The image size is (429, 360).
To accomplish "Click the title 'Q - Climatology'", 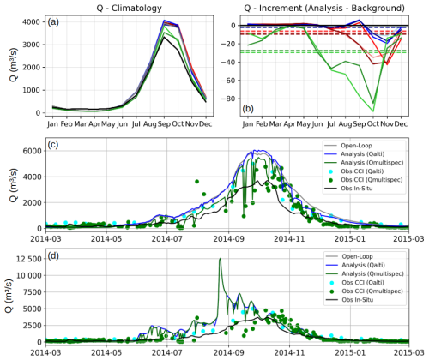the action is tap(129, 8).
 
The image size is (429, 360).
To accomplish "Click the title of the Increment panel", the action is tap(324, 8).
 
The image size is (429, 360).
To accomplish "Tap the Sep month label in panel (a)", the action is tap(164, 124).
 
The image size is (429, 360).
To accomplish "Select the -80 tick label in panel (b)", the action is tap(230, 99).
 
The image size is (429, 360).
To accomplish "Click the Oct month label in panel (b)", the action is tap(373, 124).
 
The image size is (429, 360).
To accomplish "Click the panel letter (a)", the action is tap(53, 22).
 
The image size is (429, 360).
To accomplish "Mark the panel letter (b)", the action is tap(248, 109).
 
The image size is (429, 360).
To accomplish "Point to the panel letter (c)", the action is tap(53, 145).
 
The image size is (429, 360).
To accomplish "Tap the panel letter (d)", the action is tap(53, 255).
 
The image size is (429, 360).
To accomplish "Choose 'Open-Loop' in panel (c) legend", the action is tap(356, 146).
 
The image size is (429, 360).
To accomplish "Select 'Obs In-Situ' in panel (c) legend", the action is tap(357, 189).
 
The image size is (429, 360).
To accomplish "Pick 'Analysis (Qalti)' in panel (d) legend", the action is tap(364, 265).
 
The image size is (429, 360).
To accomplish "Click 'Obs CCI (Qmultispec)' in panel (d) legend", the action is tap(372, 291).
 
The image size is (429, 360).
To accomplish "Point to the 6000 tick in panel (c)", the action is tap(31, 151).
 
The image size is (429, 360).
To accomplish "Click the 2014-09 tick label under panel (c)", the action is tap(228, 238).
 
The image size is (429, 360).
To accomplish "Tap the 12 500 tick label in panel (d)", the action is tap(27, 259).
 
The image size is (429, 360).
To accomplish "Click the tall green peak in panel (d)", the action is tap(220, 259).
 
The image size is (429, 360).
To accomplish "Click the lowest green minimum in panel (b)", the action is tap(373, 111).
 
